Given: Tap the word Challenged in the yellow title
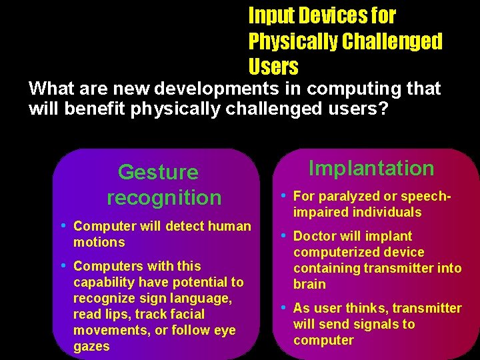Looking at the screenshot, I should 392,41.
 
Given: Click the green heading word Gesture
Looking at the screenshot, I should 158,172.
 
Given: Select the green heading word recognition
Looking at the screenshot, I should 164,197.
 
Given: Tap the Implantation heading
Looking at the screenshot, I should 371,168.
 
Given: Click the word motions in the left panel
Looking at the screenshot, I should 99,242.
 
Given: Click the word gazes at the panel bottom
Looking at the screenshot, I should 91,346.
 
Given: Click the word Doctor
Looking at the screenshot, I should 315,236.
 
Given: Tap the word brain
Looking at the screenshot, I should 309,284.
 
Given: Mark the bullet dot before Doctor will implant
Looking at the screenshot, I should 284,235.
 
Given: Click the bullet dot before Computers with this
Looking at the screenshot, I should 64,265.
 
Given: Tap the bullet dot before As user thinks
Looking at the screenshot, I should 284,307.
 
